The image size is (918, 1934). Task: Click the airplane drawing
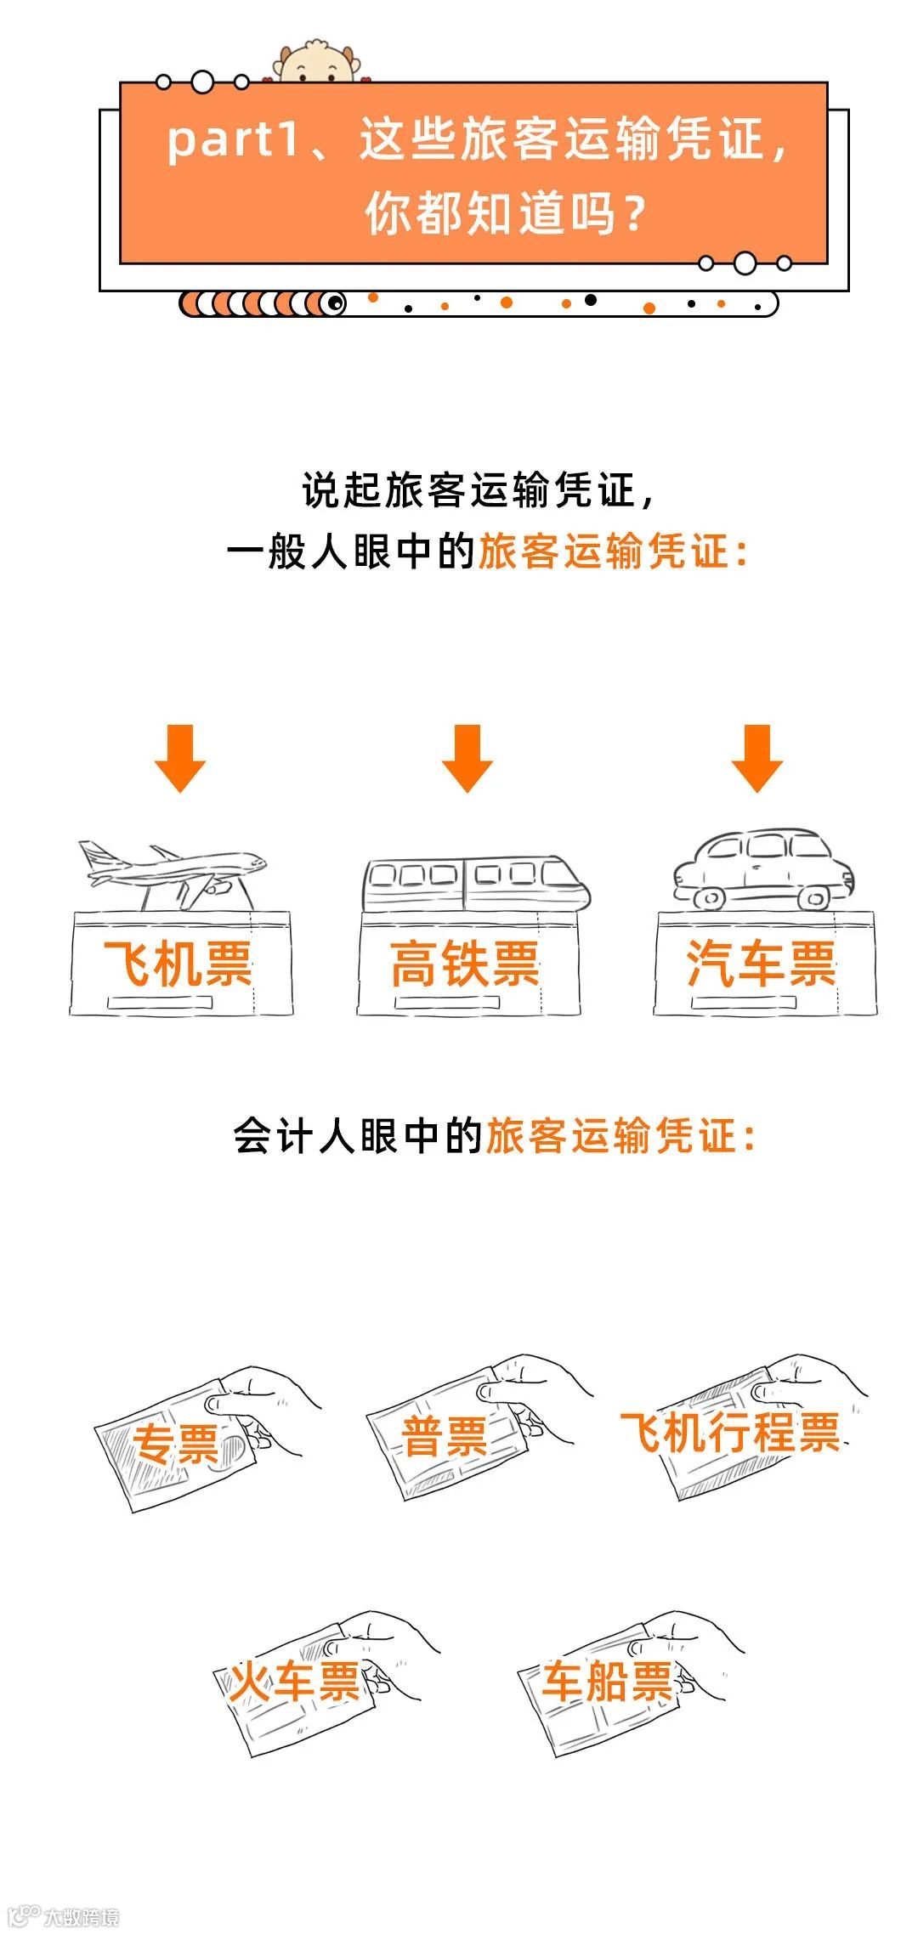coord(174,872)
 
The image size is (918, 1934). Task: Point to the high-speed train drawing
coord(474,884)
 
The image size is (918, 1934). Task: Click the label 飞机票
coord(178,964)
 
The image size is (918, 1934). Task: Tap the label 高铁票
coord(466,964)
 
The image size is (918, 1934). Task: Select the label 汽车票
coord(762,964)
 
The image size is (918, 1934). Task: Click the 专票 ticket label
coord(176,1444)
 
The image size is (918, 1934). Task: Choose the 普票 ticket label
coord(445,1436)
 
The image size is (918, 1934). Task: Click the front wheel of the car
coord(708,897)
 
